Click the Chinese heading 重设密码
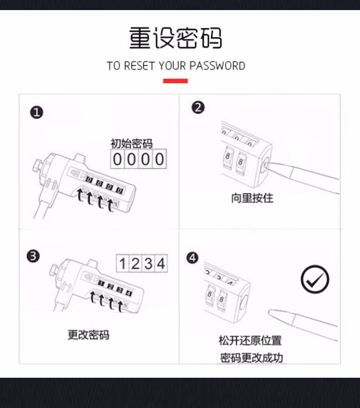pyautogui.click(x=176, y=38)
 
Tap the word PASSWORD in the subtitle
pyautogui.click(x=217, y=66)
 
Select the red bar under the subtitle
pyautogui.click(x=176, y=81)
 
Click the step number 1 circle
pyautogui.click(x=36, y=112)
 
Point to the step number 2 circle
pyautogui.click(x=198, y=108)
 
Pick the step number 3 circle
pyautogui.click(x=33, y=256)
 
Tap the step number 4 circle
pyautogui.click(x=192, y=258)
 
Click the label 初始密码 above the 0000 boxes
pyautogui.click(x=132, y=144)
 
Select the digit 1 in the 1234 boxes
pyautogui.click(x=122, y=263)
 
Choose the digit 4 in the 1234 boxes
pyautogui.click(x=161, y=263)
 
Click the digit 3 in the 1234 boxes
pyautogui.click(x=148, y=263)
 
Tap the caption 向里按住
pyautogui.click(x=252, y=198)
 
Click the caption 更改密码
pyautogui.click(x=88, y=335)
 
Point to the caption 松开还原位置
pyautogui.click(x=250, y=341)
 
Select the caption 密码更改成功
pyautogui.click(x=252, y=358)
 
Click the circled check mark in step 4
pyautogui.click(x=315, y=279)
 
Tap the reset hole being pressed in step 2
pyautogui.click(x=265, y=165)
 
